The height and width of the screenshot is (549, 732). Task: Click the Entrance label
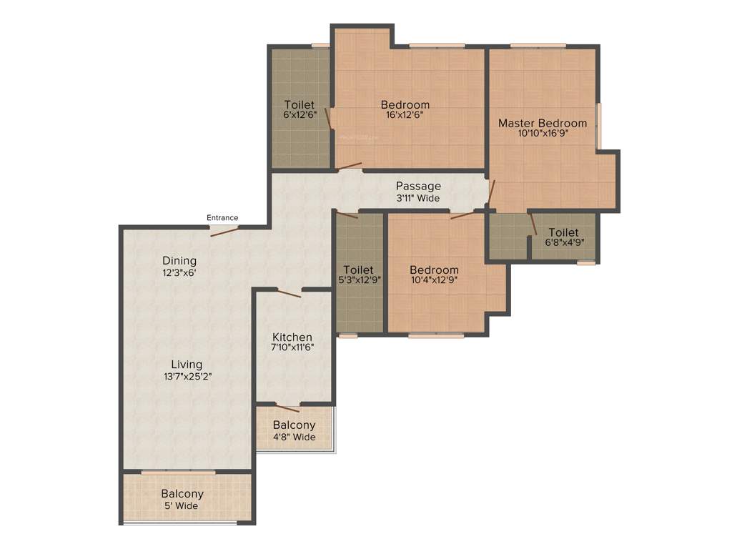click(x=222, y=218)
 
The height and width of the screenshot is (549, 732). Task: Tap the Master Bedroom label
click(x=543, y=123)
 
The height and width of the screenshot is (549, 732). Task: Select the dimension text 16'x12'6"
click(x=405, y=115)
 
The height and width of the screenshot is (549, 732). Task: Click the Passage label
click(x=418, y=187)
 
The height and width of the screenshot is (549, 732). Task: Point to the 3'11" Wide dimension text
click(x=418, y=198)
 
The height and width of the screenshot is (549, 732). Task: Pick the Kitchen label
click(x=292, y=337)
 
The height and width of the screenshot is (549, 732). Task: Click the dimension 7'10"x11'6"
click(x=292, y=347)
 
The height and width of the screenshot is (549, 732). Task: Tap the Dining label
click(x=179, y=261)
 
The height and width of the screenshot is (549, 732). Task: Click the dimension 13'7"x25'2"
click(x=187, y=375)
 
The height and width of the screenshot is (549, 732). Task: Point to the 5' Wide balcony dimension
click(x=182, y=505)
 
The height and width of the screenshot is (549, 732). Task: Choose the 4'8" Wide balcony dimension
click(x=294, y=437)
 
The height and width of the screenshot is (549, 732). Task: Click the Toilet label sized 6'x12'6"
click(x=299, y=105)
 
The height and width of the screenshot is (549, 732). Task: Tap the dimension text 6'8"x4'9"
click(x=563, y=242)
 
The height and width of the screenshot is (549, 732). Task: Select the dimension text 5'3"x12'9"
click(x=359, y=280)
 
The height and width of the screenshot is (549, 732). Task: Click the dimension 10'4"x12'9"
click(x=433, y=280)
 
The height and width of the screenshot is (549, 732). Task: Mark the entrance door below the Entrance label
click(x=224, y=230)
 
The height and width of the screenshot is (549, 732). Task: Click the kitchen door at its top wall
click(x=289, y=292)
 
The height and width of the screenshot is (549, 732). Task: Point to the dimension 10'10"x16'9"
click(x=543, y=133)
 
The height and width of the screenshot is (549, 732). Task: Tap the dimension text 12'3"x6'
click(x=179, y=272)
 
